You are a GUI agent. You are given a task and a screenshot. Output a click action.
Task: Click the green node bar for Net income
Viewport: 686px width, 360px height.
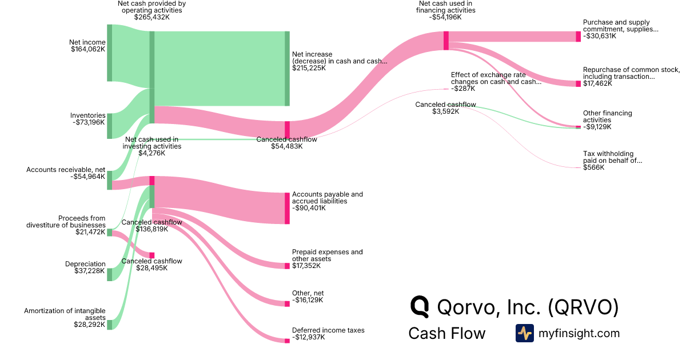click(109, 53)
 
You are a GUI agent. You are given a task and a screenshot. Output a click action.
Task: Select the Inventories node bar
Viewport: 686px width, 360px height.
click(109, 126)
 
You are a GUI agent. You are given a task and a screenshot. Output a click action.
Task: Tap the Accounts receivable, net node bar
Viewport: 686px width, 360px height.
click(109, 179)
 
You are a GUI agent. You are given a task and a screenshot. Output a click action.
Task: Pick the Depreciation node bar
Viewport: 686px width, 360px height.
click(109, 274)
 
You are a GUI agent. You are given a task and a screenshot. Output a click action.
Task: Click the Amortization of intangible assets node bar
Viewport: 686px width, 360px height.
click(109, 325)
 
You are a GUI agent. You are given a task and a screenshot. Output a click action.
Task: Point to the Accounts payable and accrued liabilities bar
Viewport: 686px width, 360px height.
click(287, 208)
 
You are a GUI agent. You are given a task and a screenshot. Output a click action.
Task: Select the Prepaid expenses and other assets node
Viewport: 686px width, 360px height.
click(287, 266)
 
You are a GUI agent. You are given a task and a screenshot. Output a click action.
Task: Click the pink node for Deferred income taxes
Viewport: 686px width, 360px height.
click(287, 341)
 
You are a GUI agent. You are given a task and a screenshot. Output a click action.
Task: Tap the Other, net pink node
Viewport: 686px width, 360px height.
click(287, 304)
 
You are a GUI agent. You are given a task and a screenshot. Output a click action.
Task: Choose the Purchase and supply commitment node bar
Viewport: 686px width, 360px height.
click(578, 37)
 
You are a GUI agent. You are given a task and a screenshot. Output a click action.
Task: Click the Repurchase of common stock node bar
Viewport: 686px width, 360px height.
click(578, 83)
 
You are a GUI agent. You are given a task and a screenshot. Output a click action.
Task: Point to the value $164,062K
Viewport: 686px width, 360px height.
click(88, 49)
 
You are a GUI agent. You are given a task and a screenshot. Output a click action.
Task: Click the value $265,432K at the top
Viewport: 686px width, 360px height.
click(152, 17)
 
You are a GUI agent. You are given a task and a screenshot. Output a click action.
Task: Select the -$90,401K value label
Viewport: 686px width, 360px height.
click(309, 208)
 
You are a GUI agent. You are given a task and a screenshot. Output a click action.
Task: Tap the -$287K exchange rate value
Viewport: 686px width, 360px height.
click(463, 89)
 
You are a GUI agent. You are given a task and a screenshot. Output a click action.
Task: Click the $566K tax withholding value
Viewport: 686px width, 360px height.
click(593, 167)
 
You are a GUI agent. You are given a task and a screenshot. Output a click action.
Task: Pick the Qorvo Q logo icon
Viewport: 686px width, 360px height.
click(420, 307)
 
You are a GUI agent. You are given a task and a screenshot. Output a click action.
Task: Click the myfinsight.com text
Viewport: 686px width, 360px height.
click(579, 333)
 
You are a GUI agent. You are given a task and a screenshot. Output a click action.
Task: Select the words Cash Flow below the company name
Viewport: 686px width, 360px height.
click(446, 334)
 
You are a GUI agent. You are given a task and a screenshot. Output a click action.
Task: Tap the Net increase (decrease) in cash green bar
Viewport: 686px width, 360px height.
click(287, 69)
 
